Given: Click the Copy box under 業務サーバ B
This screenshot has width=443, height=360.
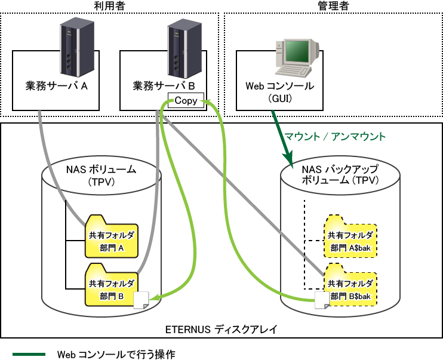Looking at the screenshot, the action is pyautogui.click(x=186, y=100).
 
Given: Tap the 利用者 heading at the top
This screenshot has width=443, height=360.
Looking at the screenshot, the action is pyautogui.click(x=110, y=6).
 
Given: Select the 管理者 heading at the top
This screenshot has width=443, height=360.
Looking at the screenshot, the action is pyautogui.click(x=333, y=6).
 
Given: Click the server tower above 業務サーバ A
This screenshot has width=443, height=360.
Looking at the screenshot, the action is pyautogui.click(x=77, y=47).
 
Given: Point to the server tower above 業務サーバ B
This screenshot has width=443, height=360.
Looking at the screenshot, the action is pyautogui.click(x=184, y=48).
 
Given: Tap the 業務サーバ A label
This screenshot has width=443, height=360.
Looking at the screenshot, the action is pyautogui.click(x=57, y=86).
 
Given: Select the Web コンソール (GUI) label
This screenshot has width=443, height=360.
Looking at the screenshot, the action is pyautogui.click(x=279, y=92).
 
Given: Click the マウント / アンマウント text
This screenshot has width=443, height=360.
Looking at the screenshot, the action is pyautogui.click(x=335, y=137).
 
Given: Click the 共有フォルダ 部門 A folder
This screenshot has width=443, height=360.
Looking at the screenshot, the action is pyautogui.click(x=112, y=236).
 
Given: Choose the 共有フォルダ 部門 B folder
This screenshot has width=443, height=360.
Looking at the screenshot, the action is pyautogui.click(x=112, y=285).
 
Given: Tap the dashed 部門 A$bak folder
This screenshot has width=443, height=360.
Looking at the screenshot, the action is pyautogui.click(x=350, y=236).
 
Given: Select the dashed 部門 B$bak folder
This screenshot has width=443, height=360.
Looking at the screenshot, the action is pyautogui.click(x=350, y=285).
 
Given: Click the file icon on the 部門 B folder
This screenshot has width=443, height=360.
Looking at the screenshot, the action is pyautogui.click(x=141, y=300).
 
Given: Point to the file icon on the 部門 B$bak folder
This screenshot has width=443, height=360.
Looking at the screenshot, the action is pyautogui.click(x=322, y=300).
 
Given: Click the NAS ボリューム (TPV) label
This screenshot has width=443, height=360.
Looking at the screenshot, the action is pyautogui.click(x=101, y=176).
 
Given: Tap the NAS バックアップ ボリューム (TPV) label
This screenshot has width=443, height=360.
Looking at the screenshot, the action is pyautogui.click(x=340, y=175).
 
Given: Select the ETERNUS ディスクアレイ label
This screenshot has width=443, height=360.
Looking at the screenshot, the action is pyautogui.click(x=221, y=330).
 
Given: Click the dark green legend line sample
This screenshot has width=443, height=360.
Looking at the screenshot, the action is pyautogui.click(x=29, y=355).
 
